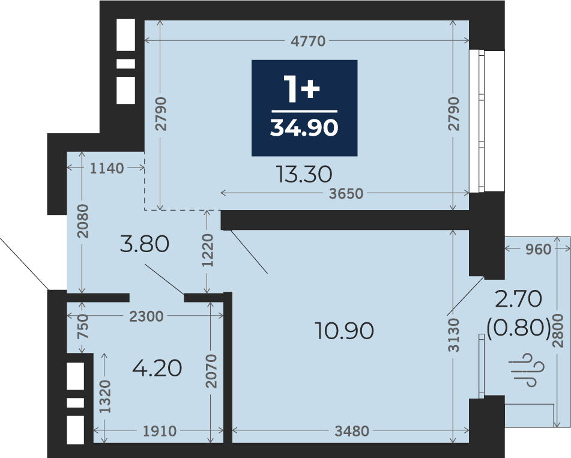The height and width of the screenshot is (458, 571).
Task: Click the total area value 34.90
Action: pos(304,128)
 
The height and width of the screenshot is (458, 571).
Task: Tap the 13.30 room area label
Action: pos(304,174)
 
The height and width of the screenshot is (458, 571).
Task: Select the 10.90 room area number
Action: pos(344,331)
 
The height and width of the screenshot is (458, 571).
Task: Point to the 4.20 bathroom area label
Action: pos(157,368)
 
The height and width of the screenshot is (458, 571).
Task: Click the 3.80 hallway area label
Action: pos(144,244)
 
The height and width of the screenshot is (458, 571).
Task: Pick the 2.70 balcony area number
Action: pos(518,300)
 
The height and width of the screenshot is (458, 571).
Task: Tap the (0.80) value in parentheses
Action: pos(519,328)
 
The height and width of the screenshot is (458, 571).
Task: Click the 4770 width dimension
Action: pos(308,41)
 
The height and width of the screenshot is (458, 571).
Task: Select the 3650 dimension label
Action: pos(346,193)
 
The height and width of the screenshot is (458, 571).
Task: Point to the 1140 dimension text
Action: pos(107,168)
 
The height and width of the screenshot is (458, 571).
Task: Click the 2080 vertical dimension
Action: pos(83,221)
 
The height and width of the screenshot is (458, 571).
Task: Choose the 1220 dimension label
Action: pos(208,250)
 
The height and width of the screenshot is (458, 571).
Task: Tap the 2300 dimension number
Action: pos(147,316)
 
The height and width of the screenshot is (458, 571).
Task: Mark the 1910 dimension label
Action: pos(160,431)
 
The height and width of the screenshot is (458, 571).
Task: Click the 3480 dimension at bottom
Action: pos(352,431)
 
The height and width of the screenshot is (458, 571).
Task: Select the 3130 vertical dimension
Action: pos(454,335)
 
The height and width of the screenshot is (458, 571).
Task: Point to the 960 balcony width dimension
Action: pos(538,249)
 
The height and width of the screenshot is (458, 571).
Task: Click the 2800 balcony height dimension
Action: pos(558,331)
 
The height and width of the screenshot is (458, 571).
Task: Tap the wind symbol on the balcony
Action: pos(529,369)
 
